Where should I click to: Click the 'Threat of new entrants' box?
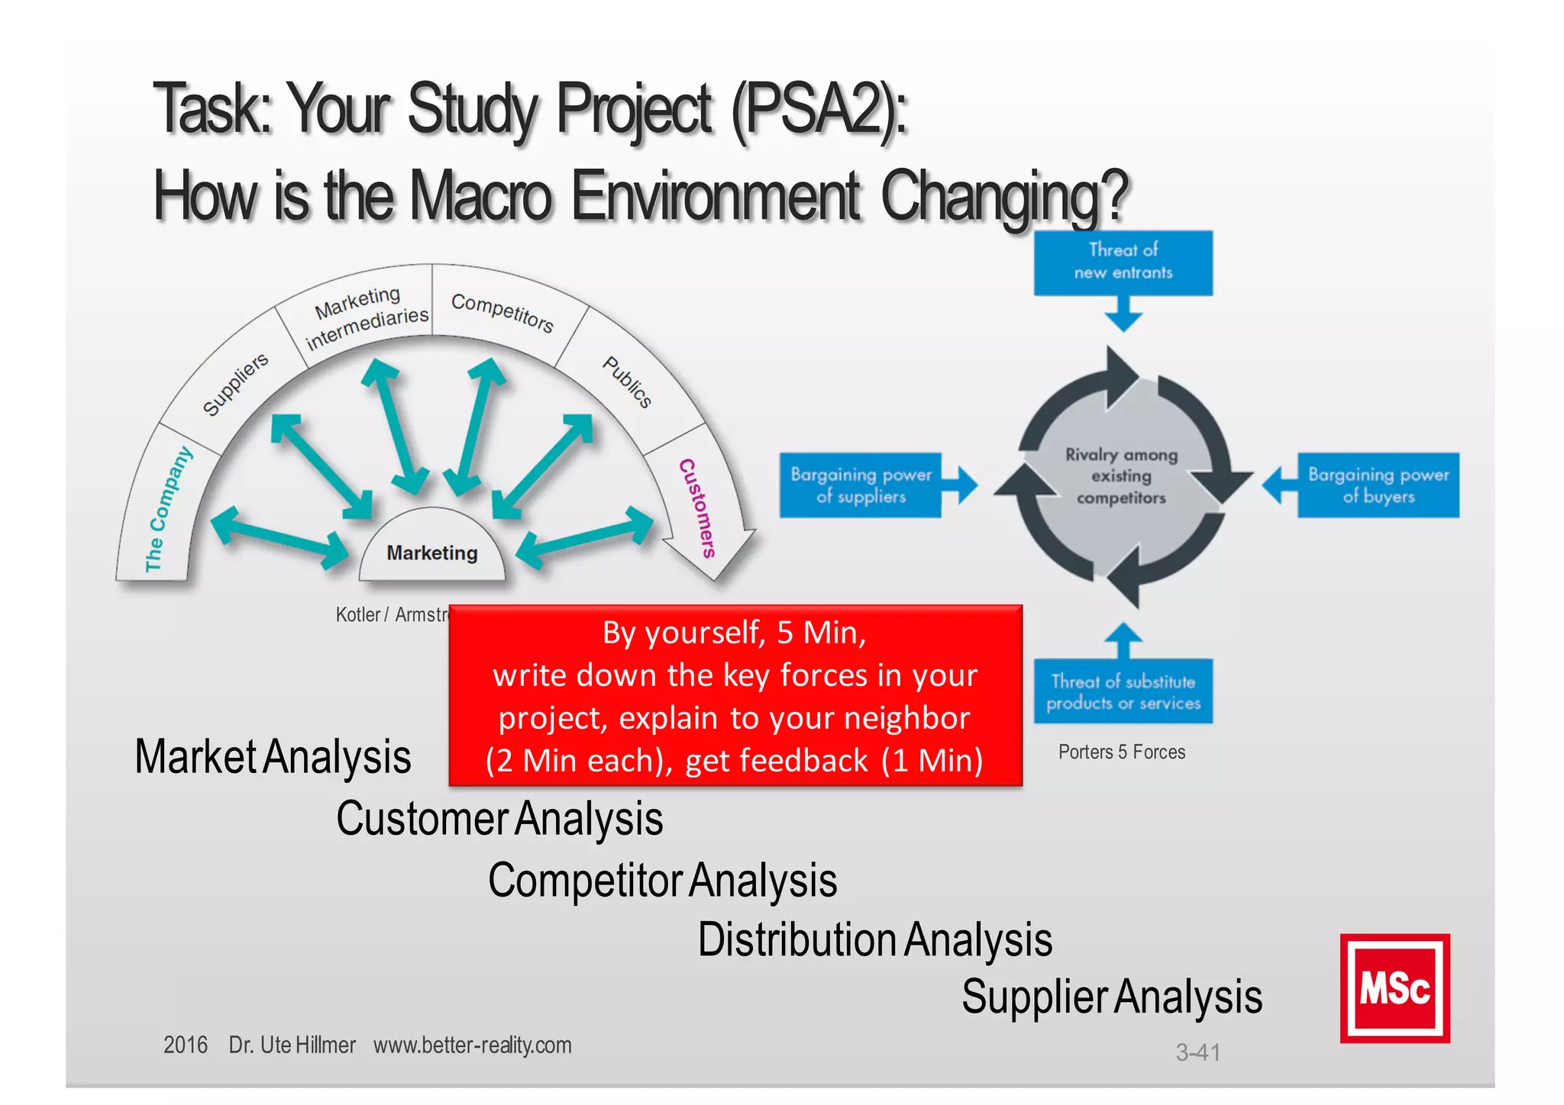coord(1123,262)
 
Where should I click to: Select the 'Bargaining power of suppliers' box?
coord(861,485)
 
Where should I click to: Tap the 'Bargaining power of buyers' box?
coord(1378,485)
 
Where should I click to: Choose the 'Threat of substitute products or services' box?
coord(1123,691)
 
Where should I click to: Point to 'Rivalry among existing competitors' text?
coord(1121,476)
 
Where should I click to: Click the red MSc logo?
coord(1394,988)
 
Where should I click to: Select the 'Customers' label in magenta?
coord(697,507)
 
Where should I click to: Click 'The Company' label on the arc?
coord(168,509)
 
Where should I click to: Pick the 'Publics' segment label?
coord(627,382)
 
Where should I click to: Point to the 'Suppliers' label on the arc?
coord(235,384)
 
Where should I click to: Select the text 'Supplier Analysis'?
coord(1111,997)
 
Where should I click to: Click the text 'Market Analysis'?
coord(273,757)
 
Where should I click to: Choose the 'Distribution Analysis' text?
coord(874,939)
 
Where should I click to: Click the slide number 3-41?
coord(1197,1053)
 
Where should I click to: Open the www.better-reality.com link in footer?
coord(472,1045)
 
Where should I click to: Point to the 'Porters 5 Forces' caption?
coord(1121,752)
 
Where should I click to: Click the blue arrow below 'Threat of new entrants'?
coord(1123,314)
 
